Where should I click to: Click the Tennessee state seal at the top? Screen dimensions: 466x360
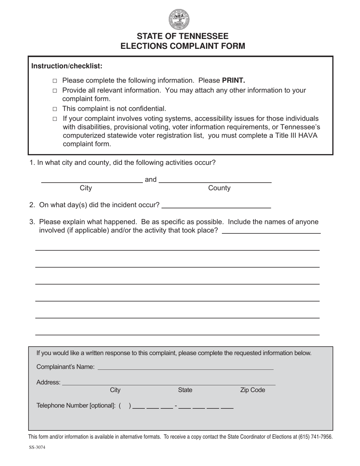(179, 19)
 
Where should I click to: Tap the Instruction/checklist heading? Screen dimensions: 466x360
(67, 66)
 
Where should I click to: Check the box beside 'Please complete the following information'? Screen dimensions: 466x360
(55, 81)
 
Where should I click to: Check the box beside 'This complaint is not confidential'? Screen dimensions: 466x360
(55, 109)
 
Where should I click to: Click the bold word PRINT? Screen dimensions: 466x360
(233, 80)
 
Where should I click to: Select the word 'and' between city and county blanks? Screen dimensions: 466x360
(150, 180)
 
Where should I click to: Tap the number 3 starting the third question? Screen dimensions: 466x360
(32, 222)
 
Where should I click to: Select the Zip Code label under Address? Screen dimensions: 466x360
(252, 390)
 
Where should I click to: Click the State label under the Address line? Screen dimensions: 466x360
(185, 390)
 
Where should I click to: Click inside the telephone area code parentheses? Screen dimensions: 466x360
(125, 406)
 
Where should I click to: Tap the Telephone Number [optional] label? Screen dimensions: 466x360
(76, 406)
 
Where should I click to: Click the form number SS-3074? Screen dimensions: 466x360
(37, 447)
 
